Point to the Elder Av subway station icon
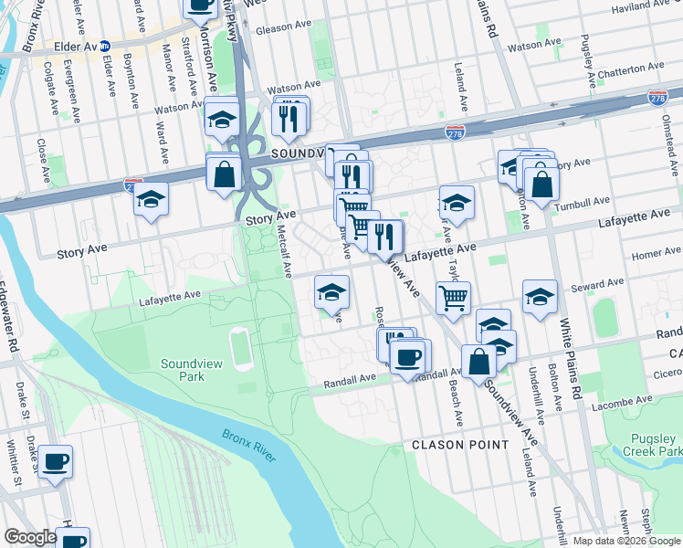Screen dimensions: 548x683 [105, 45]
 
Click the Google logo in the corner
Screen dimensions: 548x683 [30, 537]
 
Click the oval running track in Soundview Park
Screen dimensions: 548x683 [240, 348]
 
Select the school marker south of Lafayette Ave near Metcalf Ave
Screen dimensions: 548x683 [331, 292]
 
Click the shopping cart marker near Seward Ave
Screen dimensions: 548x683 [453, 297]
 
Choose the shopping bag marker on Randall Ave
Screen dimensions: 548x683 [478, 361]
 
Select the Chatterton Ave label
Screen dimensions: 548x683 [631, 68]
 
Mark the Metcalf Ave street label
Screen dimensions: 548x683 [284, 253]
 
